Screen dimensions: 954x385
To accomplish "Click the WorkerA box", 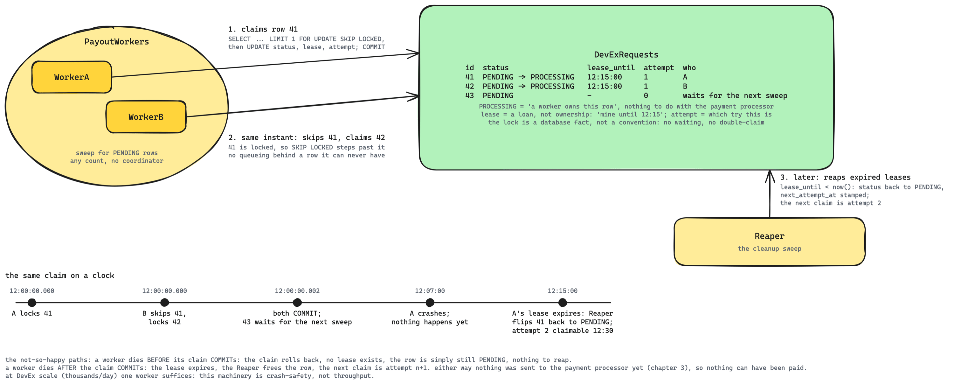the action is pos(72,77).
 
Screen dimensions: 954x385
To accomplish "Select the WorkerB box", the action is pos(146,117).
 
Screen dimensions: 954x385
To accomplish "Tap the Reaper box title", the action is pos(769,236).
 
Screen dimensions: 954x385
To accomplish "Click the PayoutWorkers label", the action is pos(117,41).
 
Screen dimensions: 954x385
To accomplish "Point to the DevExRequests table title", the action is pos(626,55).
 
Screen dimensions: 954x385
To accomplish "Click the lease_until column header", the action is pos(611,68).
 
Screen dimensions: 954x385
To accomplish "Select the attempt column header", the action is pos(659,68).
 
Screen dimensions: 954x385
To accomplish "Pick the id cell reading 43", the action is pos(469,95).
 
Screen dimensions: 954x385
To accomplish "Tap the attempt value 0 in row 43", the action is pos(646,95).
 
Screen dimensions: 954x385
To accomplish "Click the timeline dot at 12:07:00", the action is pos(430,302).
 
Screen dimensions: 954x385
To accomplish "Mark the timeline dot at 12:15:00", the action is pos(562,302).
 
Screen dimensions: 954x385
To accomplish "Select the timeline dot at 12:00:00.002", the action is pos(297,302).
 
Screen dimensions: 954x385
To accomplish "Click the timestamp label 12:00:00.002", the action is pos(297,291).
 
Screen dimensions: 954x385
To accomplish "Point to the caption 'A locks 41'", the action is pos(32,313).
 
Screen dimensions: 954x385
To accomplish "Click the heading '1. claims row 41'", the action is pos(263,29).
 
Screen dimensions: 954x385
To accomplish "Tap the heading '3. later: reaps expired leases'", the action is pos(845,178).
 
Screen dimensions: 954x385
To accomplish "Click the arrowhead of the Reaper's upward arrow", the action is pos(770,171).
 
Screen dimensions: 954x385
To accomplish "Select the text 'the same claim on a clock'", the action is pos(60,276).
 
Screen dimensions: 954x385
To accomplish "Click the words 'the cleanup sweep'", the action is pos(769,248).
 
